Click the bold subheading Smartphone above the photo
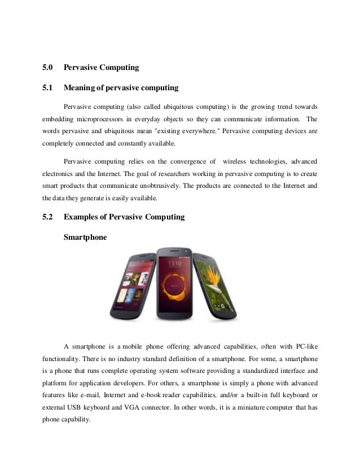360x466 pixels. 85,238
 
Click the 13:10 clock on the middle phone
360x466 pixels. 175,263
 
